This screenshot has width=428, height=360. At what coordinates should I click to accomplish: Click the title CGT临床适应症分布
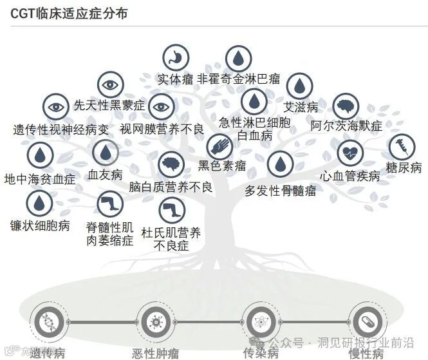click(69, 13)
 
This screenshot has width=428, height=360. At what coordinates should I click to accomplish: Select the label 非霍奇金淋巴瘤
click(238, 79)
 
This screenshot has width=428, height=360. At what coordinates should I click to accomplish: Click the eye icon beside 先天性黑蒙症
click(110, 84)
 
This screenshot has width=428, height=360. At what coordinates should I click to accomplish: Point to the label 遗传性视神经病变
click(61, 129)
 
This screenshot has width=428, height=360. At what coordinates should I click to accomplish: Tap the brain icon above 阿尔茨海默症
click(345, 106)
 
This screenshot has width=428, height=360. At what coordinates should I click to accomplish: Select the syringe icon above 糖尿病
click(401, 147)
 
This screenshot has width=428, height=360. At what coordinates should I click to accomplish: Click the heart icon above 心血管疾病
click(350, 154)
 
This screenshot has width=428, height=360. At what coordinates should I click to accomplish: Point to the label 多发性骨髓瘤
click(281, 191)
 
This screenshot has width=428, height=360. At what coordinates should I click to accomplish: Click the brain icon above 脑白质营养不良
click(171, 165)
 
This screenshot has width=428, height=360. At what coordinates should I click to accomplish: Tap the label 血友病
click(105, 175)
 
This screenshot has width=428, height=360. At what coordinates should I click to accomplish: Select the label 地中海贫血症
click(39, 177)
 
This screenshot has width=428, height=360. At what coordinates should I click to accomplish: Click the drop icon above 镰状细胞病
click(40, 204)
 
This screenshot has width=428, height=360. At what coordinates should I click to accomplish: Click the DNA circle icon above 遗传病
click(50, 320)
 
